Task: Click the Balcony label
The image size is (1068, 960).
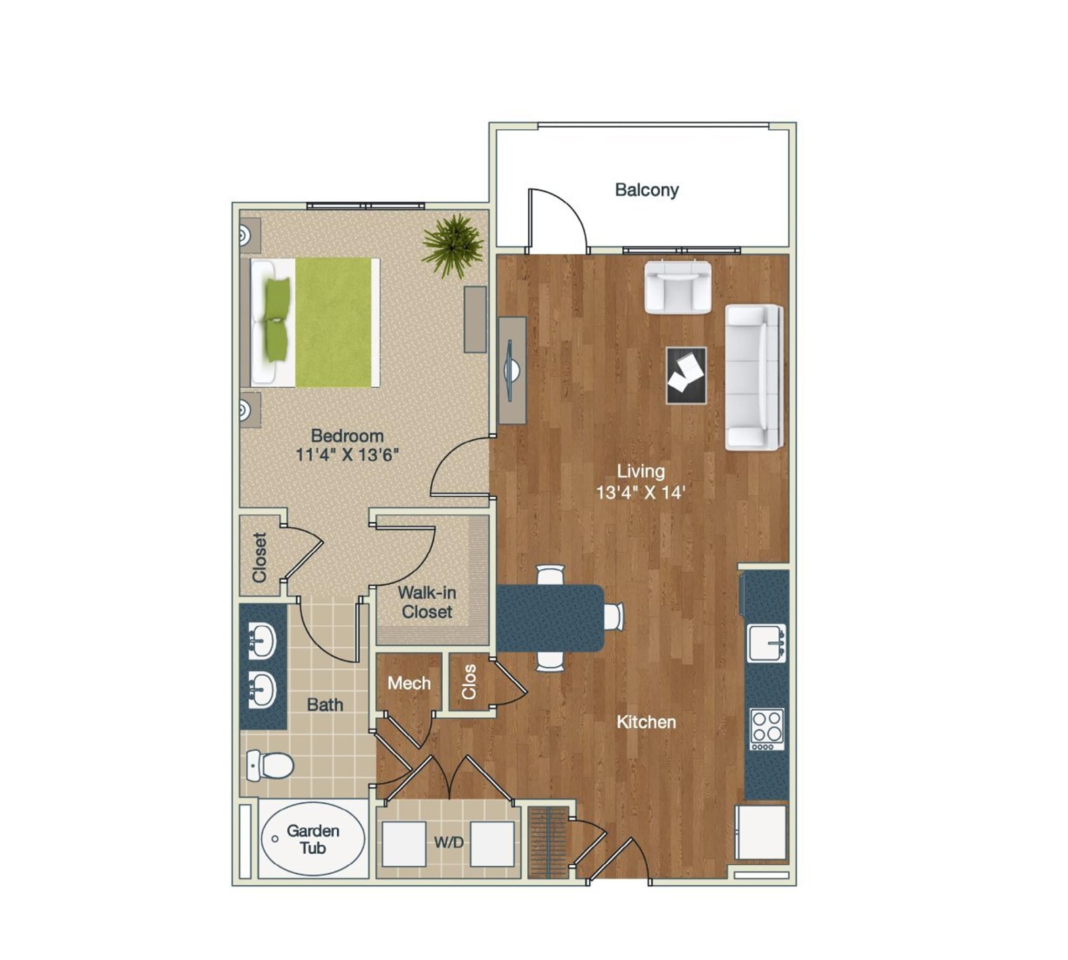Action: coord(646,190)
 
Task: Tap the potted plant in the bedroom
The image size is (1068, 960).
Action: coord(453,245)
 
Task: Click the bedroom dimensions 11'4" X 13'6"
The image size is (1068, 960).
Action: coord(347,455)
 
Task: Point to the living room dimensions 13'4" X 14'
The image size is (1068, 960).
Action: coord(640,492)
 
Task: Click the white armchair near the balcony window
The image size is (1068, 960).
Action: coord(678,288)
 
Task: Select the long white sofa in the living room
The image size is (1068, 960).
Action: coord(753,377)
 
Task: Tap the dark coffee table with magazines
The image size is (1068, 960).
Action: coord(686,376)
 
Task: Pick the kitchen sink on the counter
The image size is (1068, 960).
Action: coord(766,643)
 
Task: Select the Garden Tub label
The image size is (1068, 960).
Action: coord(313,839)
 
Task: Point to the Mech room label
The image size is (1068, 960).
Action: coord(409,684)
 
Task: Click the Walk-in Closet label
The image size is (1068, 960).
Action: coord(427,602)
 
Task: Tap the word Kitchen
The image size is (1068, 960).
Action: coord(646,722)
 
